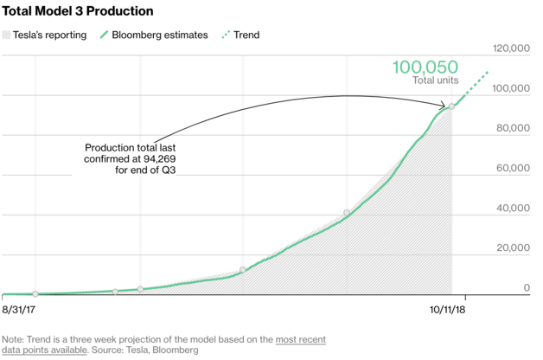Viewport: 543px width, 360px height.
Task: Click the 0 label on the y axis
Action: click(x=525, y=287)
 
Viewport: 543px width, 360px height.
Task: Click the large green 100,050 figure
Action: click(x=424, y=67)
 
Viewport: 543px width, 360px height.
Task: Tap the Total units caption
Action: click(x=433, y=80)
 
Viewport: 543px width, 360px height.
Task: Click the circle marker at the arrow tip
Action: click(x=451, y=106)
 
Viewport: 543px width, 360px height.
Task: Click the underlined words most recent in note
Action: click(x=300, y=340)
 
